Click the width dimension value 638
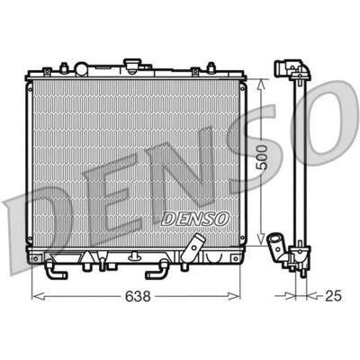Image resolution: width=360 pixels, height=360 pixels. (138, 297)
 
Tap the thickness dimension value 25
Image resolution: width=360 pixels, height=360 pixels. (333, 296)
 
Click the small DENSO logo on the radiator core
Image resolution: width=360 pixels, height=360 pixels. (195, 219)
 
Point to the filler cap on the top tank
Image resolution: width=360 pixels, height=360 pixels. (132, 66)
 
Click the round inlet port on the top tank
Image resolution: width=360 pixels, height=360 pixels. (81, 68)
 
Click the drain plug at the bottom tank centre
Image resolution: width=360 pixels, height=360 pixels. (135, 256)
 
